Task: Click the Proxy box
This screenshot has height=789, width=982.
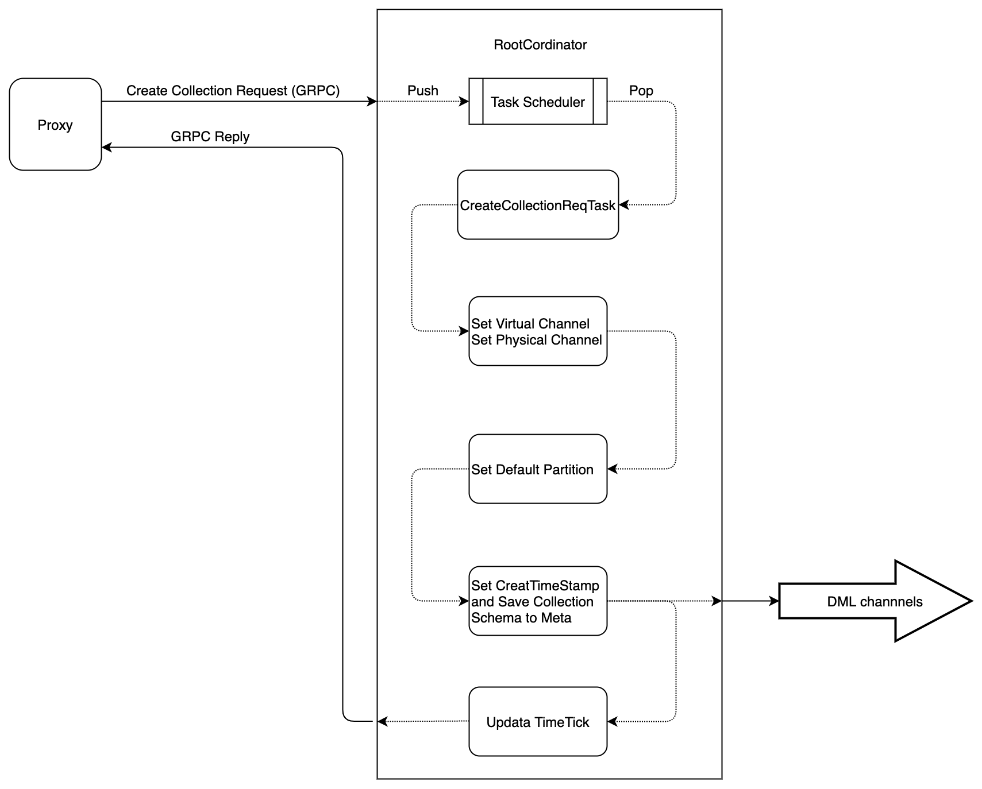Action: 55,125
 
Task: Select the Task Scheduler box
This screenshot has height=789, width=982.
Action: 538,102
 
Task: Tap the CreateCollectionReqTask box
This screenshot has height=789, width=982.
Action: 538,205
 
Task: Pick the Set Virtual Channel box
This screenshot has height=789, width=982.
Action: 538,331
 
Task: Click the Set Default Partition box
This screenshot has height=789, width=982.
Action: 538,469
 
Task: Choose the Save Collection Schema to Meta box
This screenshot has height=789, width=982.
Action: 538,601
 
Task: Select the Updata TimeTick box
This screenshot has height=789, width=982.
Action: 538,722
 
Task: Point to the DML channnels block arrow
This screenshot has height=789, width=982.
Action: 875,601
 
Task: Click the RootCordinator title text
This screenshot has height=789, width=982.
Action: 540,45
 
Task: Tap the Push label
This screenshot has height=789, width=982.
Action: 423,91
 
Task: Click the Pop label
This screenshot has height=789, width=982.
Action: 641,91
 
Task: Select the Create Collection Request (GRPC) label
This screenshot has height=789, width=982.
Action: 233,91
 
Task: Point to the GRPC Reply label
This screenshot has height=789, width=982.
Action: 210,137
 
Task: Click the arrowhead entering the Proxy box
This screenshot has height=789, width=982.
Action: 106,148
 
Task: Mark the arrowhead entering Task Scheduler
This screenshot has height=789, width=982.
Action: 464,102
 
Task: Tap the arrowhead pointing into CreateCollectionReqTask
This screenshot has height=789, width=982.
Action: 623,205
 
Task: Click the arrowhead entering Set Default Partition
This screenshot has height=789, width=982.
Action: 612,469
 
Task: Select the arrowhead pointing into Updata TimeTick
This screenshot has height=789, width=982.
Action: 612,722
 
